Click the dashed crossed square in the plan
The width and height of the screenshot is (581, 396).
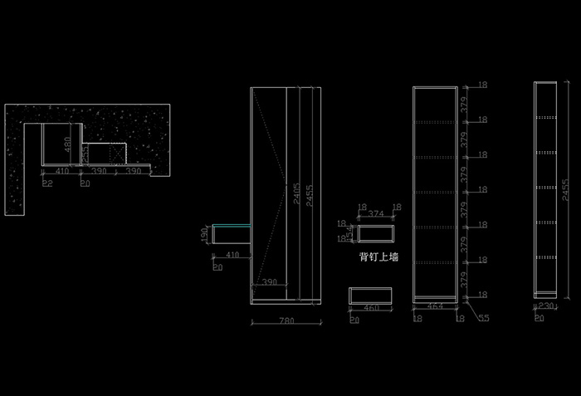(114, 153)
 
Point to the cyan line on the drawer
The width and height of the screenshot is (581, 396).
(232, 226)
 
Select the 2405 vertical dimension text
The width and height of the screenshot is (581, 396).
(296, 197)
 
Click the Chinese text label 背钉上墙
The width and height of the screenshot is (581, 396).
(378, 257)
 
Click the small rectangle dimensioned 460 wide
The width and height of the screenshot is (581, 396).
(370, 295)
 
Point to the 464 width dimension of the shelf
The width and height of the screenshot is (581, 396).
(435, 306)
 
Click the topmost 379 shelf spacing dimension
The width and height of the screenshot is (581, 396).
(466, 103)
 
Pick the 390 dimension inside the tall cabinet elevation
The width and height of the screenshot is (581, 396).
(270, 283)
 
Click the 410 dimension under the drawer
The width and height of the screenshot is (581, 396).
(232, 255)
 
